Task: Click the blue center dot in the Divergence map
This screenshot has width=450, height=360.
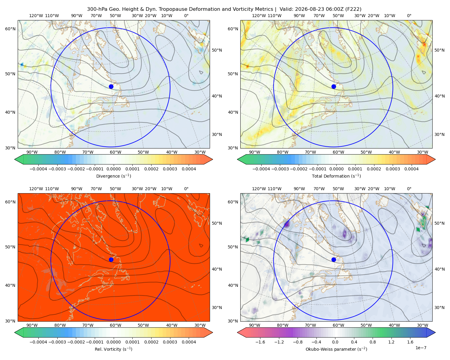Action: tap(111, 86)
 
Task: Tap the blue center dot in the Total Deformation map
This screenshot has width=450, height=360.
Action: tap(334, 86)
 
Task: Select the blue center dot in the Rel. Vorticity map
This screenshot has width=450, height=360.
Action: tap(111, 259)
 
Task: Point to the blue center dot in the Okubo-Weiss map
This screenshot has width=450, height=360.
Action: tap(334, 259)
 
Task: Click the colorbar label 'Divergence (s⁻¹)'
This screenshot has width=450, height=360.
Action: tap(113, 176)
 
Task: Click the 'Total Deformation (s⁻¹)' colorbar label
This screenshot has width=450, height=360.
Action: tap(336, 176)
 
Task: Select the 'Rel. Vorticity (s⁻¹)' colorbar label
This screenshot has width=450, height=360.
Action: tap(113, 349)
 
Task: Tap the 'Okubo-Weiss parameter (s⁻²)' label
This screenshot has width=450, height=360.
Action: tap(336, 349)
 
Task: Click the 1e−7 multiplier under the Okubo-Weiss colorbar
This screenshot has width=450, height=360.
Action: tap(421, 348)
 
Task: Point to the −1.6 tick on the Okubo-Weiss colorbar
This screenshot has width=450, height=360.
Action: tap(260, 342)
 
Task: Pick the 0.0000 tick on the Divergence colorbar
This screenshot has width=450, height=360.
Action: tap(113, 169)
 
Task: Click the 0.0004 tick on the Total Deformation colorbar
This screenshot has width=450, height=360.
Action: tap(411, 169)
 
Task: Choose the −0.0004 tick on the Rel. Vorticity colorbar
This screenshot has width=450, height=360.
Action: tap(38, 342)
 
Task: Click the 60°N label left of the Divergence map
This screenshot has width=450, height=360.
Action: tap(10, 29)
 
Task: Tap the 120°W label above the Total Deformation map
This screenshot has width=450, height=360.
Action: tap(259, 16)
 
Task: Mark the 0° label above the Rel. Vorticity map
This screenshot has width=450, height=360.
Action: tap(186, 189)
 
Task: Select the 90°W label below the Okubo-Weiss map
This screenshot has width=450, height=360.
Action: tap(254, 325)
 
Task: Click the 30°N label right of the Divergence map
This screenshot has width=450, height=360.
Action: tap(217, 134)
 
